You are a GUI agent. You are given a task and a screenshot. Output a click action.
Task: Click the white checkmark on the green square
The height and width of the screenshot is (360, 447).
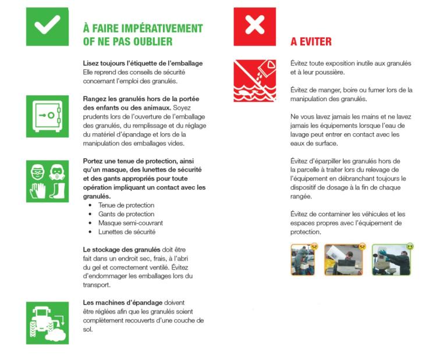[x=47, y=25]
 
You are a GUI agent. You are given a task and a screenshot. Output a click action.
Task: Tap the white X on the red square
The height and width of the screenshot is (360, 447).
[x=254, y=24]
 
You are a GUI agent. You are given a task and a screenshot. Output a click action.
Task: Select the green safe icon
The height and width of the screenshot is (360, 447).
[x=47, y=116]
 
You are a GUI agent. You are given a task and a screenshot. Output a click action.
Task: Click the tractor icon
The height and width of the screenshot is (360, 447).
[x=47, y=323]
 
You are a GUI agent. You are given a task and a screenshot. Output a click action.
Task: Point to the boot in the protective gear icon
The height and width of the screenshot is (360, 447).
[x=58, y=190]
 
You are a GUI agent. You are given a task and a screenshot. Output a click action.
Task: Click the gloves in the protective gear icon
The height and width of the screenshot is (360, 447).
[x=38, y=190]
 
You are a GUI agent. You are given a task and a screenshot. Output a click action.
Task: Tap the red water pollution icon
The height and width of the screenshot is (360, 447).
[x=254, y=81]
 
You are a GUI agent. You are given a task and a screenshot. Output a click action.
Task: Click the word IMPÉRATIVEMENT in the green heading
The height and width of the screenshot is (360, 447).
[x=162, y=28]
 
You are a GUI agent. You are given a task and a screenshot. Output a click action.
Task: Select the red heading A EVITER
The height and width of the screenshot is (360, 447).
[x=311, y=41]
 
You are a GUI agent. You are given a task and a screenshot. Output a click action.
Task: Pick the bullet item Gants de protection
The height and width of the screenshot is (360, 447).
[x=126, y=214]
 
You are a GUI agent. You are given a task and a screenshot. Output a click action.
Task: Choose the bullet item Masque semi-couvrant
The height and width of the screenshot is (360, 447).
[x=130, y=223]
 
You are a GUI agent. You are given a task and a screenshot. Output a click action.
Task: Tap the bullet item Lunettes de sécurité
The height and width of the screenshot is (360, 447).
[x=127, y=232]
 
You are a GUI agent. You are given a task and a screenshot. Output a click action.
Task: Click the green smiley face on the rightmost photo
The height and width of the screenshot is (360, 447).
[x=410, y=247]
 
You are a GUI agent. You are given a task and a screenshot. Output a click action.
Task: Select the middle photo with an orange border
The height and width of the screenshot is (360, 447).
[x=344, y=260]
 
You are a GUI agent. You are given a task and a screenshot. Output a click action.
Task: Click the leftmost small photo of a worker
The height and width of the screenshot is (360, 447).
[x=303, y=260]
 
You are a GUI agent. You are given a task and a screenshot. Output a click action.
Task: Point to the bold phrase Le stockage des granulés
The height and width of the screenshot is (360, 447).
[x=122, y=249]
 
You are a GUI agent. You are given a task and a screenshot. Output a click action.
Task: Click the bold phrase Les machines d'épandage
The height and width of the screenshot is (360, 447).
[x=123, y=302]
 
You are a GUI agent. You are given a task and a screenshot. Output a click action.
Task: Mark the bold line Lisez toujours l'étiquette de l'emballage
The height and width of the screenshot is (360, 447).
[x=143, y=63]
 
